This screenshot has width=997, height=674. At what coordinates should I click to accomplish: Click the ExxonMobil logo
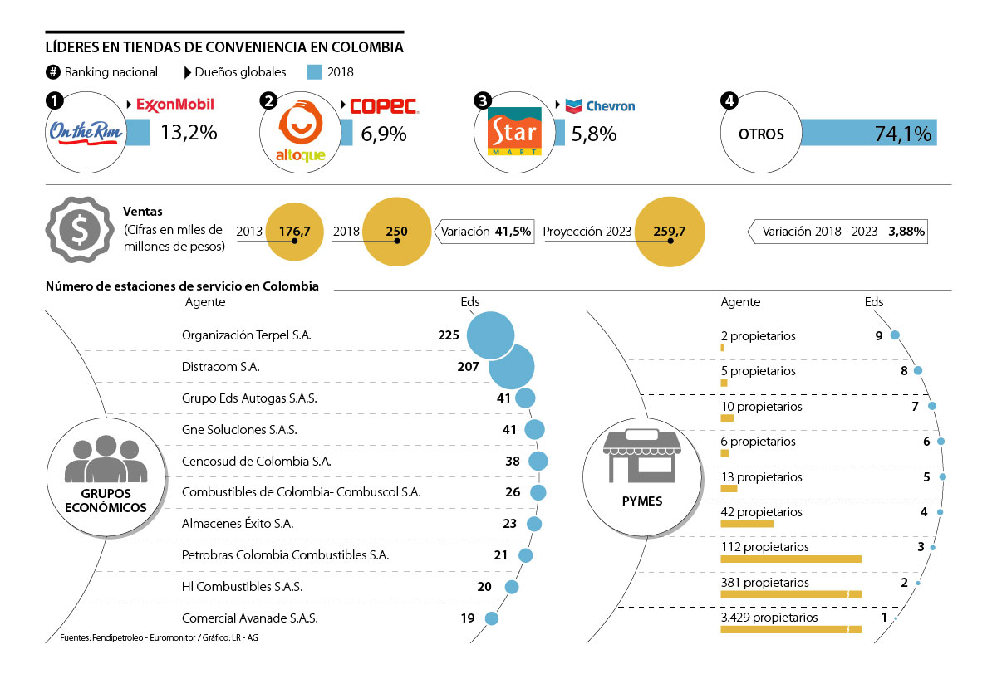[x=174, y=105]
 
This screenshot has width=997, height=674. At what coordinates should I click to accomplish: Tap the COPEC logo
[x=383, y=105]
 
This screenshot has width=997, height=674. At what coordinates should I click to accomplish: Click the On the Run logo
[x=81, y=132]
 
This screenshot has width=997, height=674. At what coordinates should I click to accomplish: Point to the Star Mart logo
[x=514, y=132]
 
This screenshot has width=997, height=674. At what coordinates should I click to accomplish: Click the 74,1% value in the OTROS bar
[x=902, y=133]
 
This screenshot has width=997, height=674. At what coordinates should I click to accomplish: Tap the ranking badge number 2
[x=268, y=100]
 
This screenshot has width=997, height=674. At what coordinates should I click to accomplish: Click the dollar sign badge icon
[x=81, y=231]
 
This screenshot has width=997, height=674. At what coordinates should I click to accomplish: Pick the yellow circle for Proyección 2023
[x=670, y=232]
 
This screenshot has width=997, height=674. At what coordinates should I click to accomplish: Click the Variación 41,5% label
[x=486, y=232]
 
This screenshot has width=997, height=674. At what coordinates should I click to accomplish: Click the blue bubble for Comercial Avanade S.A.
[x=491, y=618]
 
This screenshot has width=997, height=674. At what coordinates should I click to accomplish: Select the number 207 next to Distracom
[x=469, y=367]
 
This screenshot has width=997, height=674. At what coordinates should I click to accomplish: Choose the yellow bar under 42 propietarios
[x=747, y=524]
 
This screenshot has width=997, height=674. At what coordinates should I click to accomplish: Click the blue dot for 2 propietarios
[x=895, y=335]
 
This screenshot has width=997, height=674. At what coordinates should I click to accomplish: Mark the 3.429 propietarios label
[x=769, y=618]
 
